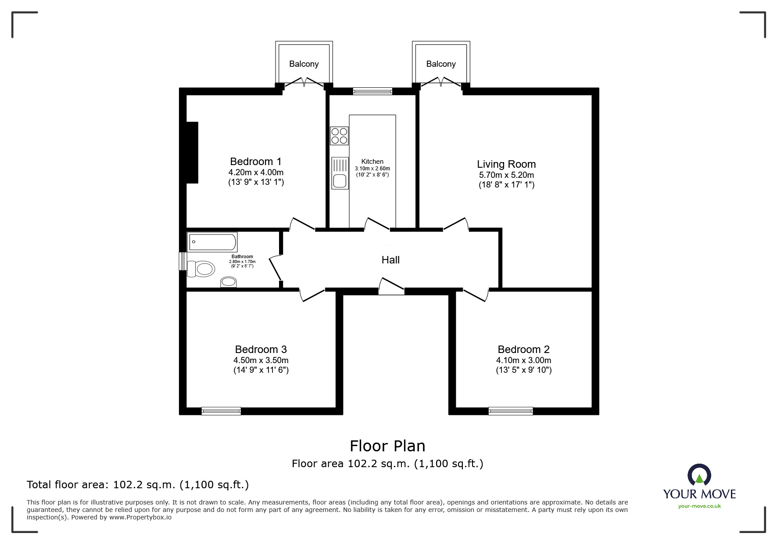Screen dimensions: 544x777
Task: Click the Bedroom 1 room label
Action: [255, 162]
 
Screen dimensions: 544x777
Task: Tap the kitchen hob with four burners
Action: [339, 136]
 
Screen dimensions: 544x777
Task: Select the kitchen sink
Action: [340, 173]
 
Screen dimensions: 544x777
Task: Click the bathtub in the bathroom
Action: [212, 242]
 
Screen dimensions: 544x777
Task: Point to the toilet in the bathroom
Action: [201, 269]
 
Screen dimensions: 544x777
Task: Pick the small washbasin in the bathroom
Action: [228, 281]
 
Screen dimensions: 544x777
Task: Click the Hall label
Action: [390, 260]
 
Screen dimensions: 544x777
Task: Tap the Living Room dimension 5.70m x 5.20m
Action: [506, 175]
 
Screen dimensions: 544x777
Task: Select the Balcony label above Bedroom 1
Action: [304, 64]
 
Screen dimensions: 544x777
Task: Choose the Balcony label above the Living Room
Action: [440, 64]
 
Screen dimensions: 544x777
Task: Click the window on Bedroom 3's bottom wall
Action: [221, 411]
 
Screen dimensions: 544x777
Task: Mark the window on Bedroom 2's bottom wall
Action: [510, 411]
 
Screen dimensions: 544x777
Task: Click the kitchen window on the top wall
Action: [372, 91]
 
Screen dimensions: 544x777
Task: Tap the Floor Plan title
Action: [387, 446]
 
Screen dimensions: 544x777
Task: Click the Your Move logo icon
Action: [699, 476]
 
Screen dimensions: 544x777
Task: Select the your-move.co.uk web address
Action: [699, 506]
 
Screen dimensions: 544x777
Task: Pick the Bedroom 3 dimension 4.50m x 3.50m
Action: [261, 360]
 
